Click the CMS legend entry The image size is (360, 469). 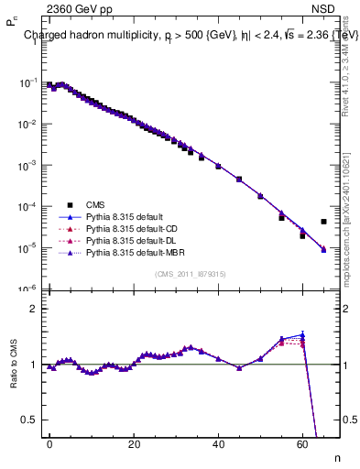click(x=94, y=205)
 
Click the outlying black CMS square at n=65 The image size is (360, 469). click(x=323, y=222)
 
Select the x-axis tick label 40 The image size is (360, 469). click(x=218, y=443)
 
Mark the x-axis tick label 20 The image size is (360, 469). click(x=134, y=443)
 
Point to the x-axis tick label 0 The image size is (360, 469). click(x=49, y=443)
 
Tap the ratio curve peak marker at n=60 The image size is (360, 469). click(x=302, y=335)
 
